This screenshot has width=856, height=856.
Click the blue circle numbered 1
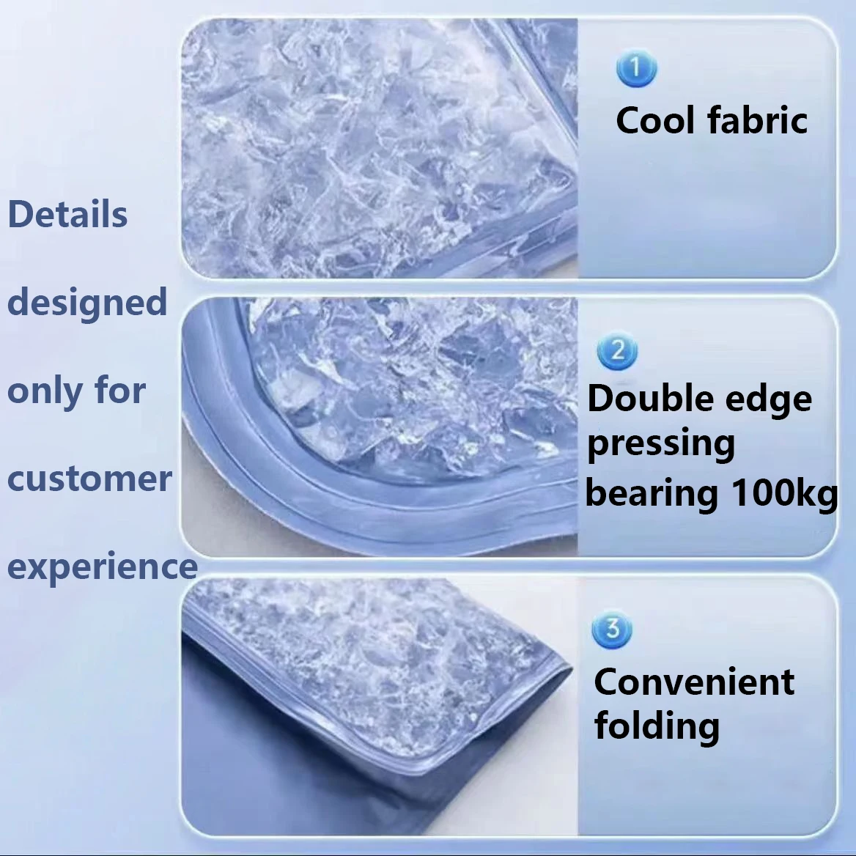coord(636,69)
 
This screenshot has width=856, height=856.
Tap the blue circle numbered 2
coord(617,351)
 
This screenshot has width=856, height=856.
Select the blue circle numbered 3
coord(612,629)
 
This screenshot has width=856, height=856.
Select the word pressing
coord(661,444)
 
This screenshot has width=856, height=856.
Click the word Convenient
coord(694,682)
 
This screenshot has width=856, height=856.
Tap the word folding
coord(657,726)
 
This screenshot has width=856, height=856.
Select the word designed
coord(86,302)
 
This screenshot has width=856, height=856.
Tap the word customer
coord(89,479)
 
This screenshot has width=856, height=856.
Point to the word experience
coord(103,568)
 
